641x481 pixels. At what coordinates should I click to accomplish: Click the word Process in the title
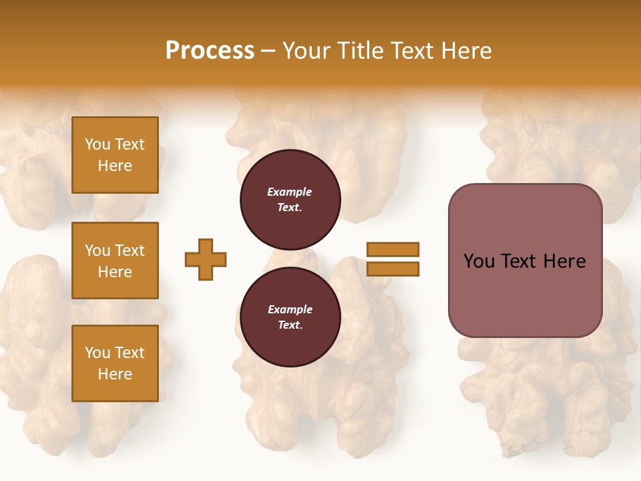(x=210, y=51)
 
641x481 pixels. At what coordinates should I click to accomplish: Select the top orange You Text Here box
(x=115, y=155)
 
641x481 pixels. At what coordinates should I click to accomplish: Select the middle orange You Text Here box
(x=115, y=261)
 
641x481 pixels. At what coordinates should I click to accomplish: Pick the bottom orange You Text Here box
(x=115, y=363)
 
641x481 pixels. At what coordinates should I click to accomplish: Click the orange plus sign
(x=206, y=259)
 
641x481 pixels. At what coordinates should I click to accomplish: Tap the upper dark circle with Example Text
(x=290, y=200)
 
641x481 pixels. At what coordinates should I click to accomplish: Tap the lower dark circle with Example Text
(x=290, y=317)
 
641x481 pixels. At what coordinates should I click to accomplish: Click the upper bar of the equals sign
(x=393, y=249)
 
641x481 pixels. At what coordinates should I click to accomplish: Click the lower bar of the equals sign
(x=393, y=269)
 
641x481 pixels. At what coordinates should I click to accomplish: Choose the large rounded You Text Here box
(x=525, y=261)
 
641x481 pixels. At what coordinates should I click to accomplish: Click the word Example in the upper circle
(x=290, y=192)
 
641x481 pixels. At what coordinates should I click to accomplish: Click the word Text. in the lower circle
(x=290, y=325)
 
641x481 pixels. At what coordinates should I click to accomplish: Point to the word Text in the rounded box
(x=519, y=261)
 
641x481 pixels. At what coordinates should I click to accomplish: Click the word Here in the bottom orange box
(x=115, y=374)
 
